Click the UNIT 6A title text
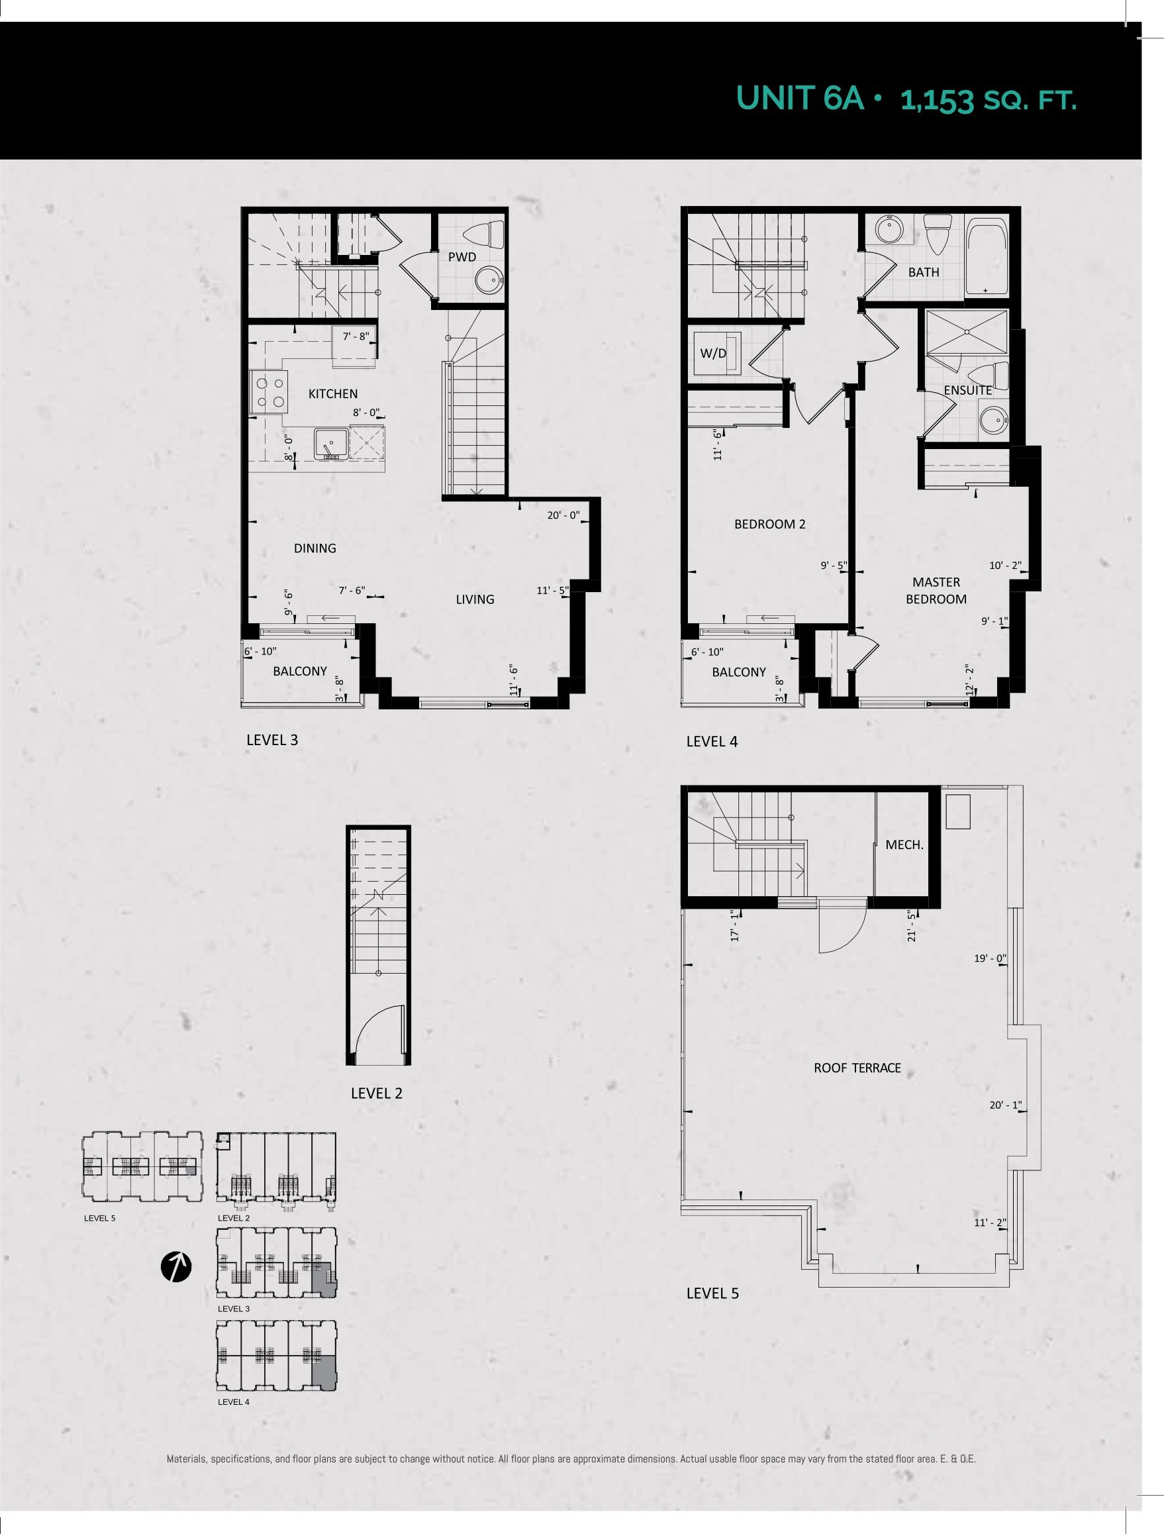800,99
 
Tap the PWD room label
461,257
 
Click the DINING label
315,548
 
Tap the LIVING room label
475,599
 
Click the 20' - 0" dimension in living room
563,516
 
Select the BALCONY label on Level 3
299,672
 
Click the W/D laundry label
713,353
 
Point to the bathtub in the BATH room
987,258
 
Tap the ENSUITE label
968,390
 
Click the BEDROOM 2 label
769,525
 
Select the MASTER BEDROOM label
936,590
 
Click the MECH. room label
904,844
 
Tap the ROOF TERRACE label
857,1068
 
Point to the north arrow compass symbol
176,1266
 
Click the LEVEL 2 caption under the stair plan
377,1093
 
